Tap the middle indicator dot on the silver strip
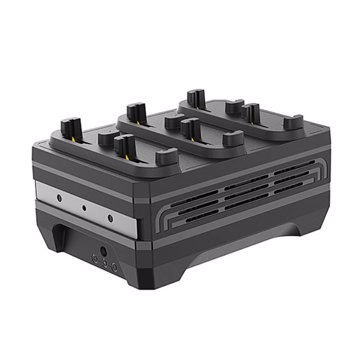(x=85, y=208)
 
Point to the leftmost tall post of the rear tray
(x=195, y=99)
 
